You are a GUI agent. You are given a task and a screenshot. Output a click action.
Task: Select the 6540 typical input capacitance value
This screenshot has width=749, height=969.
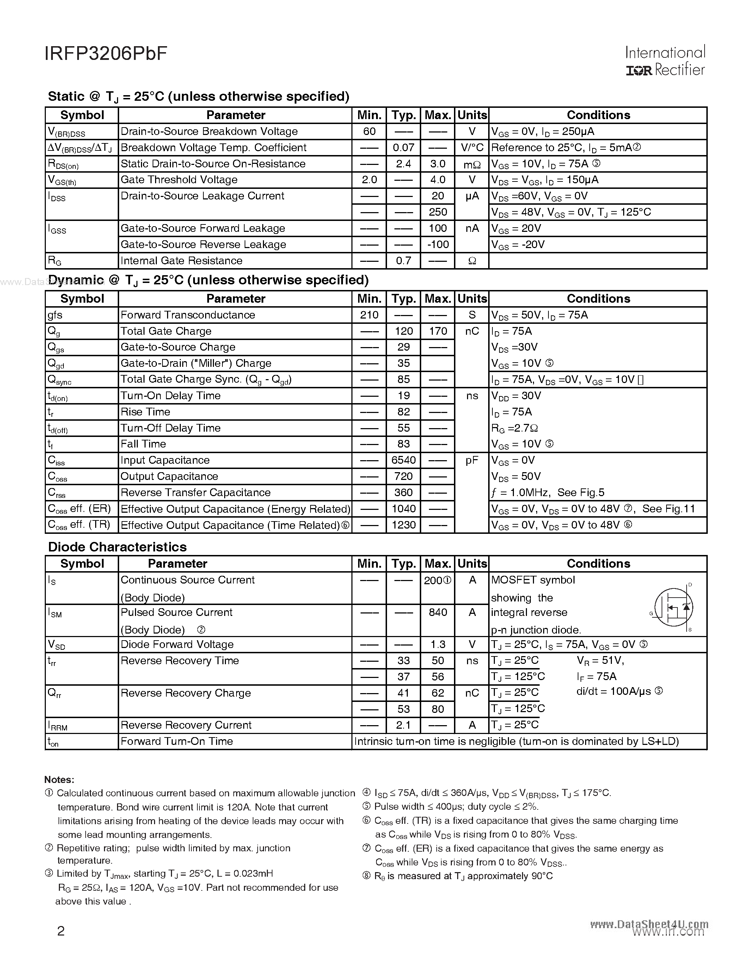point(403,460)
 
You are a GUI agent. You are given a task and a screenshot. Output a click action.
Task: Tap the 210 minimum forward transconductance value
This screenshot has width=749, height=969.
point(369,315)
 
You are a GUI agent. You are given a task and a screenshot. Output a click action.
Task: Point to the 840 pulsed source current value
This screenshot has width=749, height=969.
point(437,612)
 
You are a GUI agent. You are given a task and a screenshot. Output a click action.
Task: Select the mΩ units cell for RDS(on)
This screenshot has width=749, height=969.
point(472,164)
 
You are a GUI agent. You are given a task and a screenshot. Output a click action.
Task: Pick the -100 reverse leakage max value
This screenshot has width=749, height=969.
point(437,245)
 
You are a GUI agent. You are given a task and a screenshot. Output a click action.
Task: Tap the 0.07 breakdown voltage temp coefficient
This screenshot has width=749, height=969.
point(403,148)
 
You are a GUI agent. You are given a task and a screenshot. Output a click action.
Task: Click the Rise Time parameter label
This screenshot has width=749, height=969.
point(145,412)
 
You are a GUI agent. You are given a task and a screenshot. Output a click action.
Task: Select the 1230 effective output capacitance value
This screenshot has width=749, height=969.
point(403,525)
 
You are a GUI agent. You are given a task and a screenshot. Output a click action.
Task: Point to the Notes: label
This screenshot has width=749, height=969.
point(59,779)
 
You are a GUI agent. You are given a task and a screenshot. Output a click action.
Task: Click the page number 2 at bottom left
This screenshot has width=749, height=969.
point(61,931)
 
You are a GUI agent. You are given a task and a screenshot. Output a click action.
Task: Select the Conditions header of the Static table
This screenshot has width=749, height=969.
point(598,115)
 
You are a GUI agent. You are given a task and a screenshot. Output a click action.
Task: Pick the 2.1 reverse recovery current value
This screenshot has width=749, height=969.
point(403,725)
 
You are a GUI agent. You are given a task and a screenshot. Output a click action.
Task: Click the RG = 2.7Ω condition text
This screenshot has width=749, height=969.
point(514,428)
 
